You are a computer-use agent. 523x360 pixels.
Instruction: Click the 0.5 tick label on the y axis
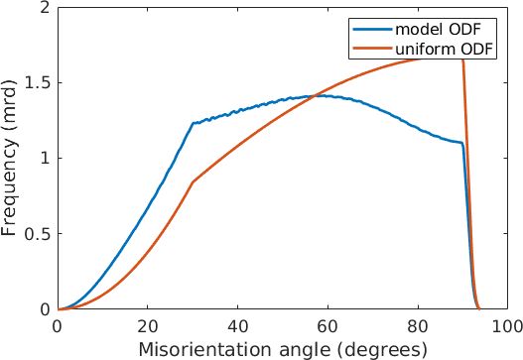pyautogui.click(x=38, y=234)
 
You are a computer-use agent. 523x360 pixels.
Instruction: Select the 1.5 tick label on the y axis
pyautogui.click(x=38, y=82)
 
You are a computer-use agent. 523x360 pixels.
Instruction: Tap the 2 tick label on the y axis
pyautogui.click(x=46, y=7)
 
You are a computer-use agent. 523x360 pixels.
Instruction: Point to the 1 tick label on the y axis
pyautogui.click(x=46, y=159)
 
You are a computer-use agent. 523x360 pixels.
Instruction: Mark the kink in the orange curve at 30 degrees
pyautogui.click(x=193, y=181)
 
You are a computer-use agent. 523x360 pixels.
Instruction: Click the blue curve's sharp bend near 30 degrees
pyautogui.click(x=193, y=123)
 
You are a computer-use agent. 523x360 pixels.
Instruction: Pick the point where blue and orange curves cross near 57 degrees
pyautogui.click(x=314, y=95)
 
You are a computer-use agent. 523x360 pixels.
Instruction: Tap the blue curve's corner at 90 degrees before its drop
pyautogui.click(x=462, y=144)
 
